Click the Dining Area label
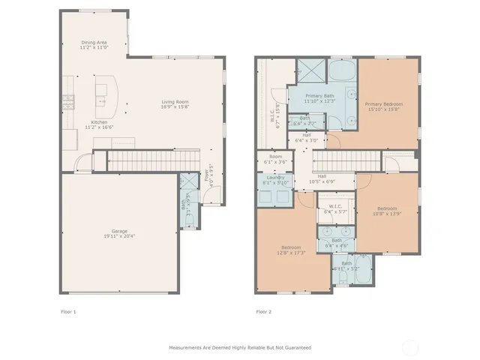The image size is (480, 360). pyautogui.click(x=94, y=43)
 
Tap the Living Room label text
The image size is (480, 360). pyautogui.click(x=174, y=102)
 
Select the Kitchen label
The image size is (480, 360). pyautogui.click(x=99, y=122)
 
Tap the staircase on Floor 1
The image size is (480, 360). pyautogui.click(x=142, y=160)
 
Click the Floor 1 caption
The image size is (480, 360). pyautogui.click(x=68, y=311)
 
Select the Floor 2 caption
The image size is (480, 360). pyautogui.click(x=263, y=311)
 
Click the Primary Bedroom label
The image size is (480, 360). pyautogui.click(x=383, y=104)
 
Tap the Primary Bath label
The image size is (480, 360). pyautogui.click(x=320, y=96)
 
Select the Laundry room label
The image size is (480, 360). pyautogui.click(x=274, y=178)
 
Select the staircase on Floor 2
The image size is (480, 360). pyautogui.click(x=346, y=160)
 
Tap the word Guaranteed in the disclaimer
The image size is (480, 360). pyautogui.click(x=295, y=348)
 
